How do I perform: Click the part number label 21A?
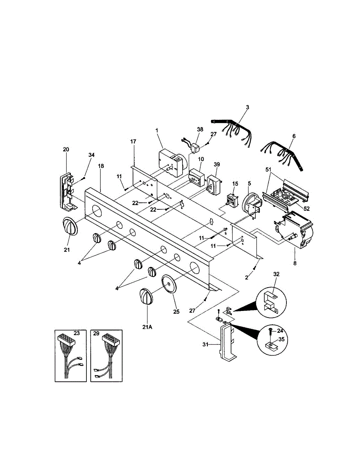point(148,328)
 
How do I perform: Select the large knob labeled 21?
point(70,226)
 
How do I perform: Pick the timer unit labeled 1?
point(171,162)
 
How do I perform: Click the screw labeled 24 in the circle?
point(270,332)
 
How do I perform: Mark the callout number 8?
point(295,263)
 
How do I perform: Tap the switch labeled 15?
point(232,199)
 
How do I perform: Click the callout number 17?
point(133,142)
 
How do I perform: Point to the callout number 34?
point(91,155)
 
